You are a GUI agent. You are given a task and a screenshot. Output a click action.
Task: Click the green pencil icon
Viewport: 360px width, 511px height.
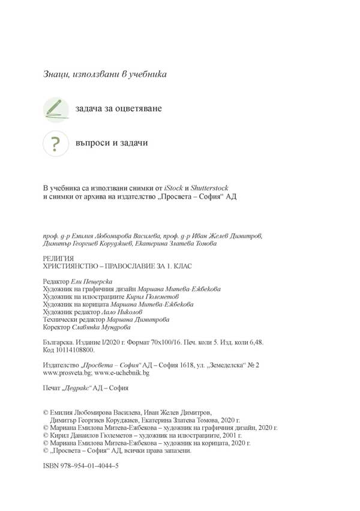55,109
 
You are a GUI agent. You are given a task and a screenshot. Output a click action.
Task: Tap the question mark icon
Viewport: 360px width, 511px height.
55,144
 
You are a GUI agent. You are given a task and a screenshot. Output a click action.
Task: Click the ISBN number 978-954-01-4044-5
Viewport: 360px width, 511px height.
90,466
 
